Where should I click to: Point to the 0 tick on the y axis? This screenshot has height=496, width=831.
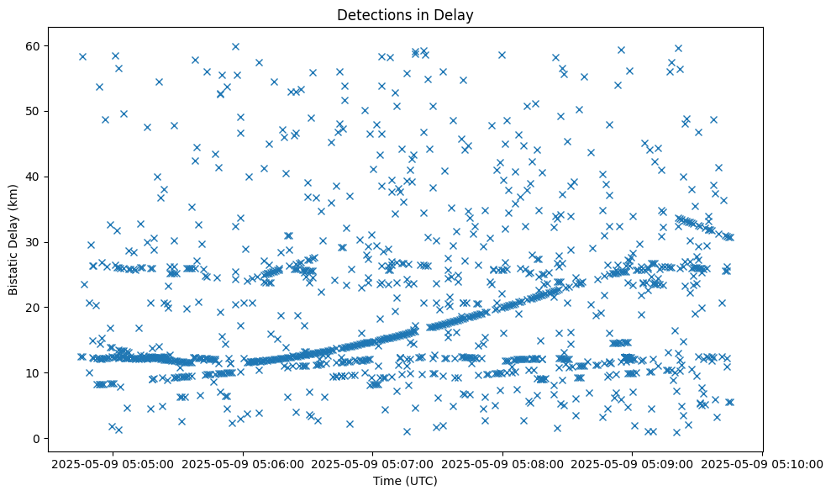click(x=38, y=438)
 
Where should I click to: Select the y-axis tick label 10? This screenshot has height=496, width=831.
click(x=34, y=372)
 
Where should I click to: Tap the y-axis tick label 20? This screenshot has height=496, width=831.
click(x=34, y=308)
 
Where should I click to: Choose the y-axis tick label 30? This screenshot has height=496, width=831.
click(x=34, y=242)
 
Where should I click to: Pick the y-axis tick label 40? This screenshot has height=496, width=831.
click(x=34, y=177)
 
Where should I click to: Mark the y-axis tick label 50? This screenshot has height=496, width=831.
click(x=34, y=111)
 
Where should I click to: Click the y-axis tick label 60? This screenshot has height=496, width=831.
click(x=34, y=45)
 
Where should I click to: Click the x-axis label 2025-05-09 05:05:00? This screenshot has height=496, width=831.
click(x=113, y=462)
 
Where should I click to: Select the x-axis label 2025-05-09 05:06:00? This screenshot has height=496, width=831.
click(x=243, y=462)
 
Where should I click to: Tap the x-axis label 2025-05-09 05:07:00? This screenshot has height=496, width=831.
click(x=373, y=462)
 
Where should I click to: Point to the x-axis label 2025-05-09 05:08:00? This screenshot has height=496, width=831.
click(x=502, y=462)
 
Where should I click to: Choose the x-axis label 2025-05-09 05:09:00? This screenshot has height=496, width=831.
click(x=633, y=462)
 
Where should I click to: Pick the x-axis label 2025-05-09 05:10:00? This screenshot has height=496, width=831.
click(x=762, y=462)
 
